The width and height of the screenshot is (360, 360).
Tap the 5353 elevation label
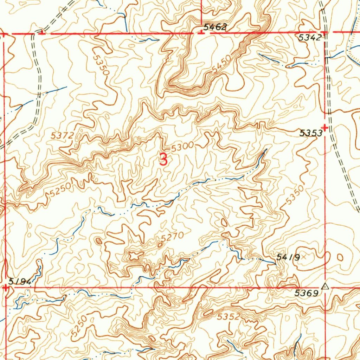click(310, 133)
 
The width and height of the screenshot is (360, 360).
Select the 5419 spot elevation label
click(288, 258)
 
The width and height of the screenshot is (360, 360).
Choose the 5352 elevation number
click(229, 317)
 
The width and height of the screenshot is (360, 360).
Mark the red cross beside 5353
click(325, 128)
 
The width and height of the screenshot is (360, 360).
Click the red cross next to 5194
click(6, 288)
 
